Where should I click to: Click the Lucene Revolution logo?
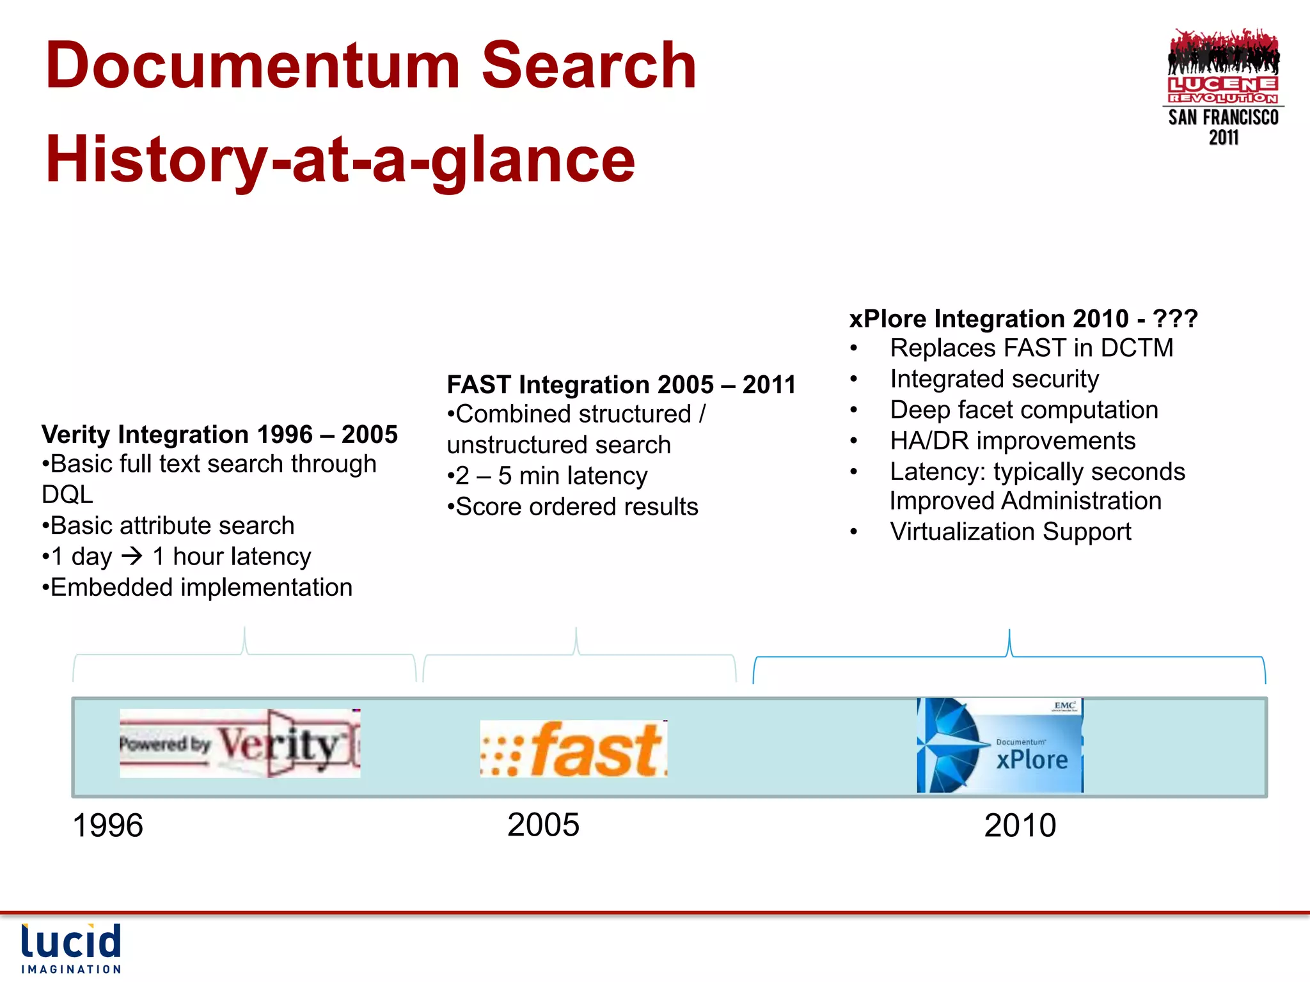1223,86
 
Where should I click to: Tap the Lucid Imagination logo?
71,948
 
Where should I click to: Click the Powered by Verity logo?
240,743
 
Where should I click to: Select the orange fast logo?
574,749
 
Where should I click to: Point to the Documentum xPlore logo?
1000,745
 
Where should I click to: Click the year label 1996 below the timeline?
107,825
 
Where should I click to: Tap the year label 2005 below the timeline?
543,825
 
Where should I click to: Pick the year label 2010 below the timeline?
1020,825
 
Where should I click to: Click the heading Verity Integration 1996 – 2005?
219,435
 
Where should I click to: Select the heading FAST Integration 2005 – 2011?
621,385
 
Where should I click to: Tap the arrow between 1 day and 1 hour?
132,556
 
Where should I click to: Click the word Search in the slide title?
588,65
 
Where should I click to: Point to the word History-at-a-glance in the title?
340,160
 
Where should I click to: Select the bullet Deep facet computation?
1023,410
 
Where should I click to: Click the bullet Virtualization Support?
1010,532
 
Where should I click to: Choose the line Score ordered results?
576,507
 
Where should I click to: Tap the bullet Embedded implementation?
200,588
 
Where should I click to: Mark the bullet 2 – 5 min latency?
550,476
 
